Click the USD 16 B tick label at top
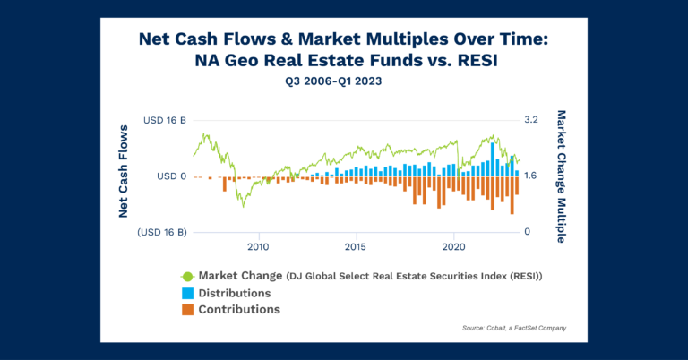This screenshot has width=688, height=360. click(x=164, y=120)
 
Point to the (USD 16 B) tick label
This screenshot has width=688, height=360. click(x=162, y=232)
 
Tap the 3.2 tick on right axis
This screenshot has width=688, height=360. click(x=530, y=120)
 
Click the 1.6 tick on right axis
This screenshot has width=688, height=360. click(x=530, y=176)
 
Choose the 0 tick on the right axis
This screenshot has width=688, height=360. click(x=527, y=232)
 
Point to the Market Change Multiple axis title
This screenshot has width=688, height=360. click(x=562, y=176)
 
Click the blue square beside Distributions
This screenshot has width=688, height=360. click(x=187, y=293)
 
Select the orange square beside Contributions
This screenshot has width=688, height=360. click(x=187, y=310)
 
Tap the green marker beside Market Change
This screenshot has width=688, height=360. click(x=187, y=276)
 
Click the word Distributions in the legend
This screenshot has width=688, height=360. click(x=235, y=293)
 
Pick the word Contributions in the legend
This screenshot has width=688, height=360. click(x=239, y=310)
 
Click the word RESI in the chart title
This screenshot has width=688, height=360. click(x=476, y=60)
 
